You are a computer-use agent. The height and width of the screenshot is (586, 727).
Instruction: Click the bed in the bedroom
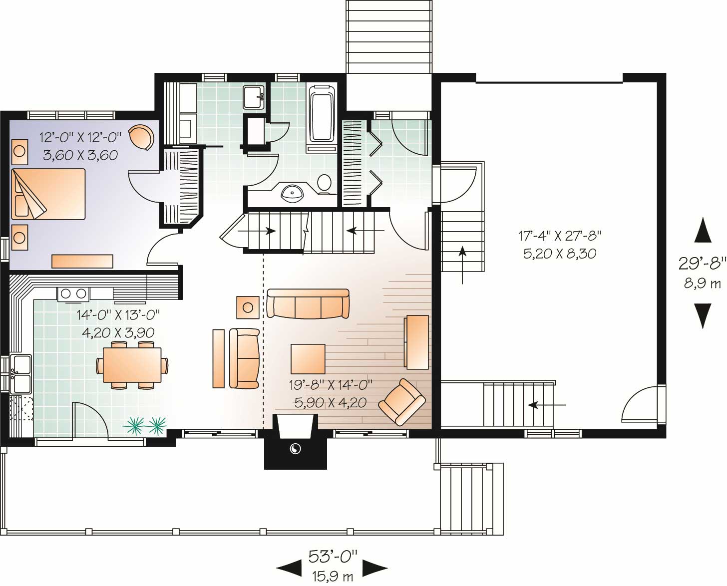point(49,194)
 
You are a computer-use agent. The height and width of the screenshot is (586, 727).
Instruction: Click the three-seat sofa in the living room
point(308,303)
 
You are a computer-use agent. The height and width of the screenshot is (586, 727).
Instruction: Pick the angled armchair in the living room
point(402,402)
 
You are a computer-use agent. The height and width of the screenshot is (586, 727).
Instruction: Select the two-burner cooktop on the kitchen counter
point(73,294)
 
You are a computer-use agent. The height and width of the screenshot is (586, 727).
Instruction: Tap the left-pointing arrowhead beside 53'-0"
point(289,568)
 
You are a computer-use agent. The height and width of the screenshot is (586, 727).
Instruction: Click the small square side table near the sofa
point(248,307)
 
